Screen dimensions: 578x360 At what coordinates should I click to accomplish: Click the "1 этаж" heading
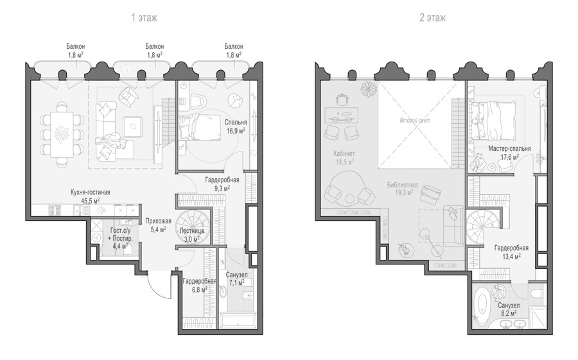(144, 18)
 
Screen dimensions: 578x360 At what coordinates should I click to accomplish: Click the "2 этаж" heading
(432, 18)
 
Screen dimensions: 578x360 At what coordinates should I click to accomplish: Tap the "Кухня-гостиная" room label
(91, 193)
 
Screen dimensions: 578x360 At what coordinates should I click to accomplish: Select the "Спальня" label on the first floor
(236, 123)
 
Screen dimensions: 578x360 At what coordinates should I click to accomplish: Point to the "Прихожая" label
(158, 221)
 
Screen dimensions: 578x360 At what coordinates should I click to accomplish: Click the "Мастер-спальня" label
(509, 148)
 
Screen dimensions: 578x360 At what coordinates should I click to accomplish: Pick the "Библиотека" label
(402, 185)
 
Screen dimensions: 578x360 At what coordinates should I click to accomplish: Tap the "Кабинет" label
(344, 153)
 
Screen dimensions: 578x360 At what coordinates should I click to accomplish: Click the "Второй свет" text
(415, 121)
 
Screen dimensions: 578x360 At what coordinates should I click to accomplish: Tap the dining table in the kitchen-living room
(62, 135)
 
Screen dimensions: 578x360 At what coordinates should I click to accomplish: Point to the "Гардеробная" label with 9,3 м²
(222, 180)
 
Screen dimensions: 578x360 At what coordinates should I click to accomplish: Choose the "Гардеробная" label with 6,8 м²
(200, 281)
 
